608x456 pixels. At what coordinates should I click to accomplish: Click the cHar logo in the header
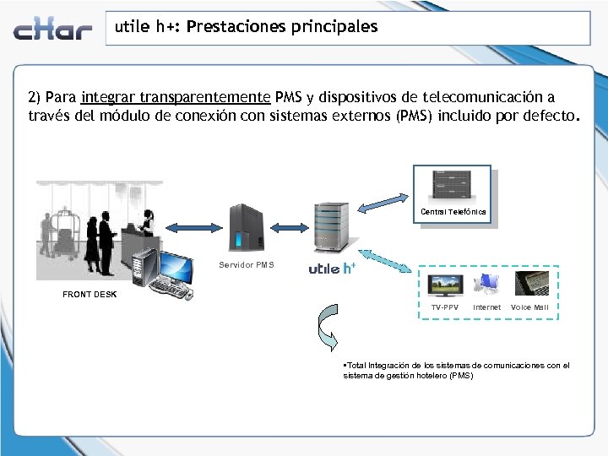pos(52,30)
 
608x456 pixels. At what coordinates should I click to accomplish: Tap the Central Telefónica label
pos(453,212)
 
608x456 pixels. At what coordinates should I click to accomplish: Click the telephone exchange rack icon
pos(452,185)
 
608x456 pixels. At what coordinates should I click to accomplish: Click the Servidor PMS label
pos(247,265)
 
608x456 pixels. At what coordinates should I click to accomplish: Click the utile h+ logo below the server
pos(331,269)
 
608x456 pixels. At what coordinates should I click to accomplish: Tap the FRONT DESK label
pos(90,295)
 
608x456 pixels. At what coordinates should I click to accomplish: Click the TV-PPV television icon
pos(445,285)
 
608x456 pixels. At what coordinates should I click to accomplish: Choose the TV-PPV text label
pos(445,307)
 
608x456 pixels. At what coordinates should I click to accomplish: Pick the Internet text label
pos(486,307)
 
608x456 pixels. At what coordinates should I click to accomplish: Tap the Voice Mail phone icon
pos(529,284)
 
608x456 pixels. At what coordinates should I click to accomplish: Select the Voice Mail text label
pos(529,307)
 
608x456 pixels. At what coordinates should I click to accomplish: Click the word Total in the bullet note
pos(357,366)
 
